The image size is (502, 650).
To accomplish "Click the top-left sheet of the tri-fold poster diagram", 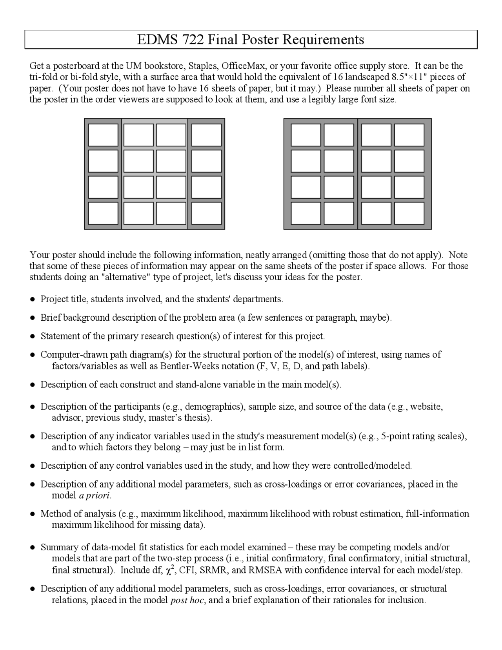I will point(103,135).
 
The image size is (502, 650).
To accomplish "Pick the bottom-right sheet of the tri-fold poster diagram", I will point(206,213).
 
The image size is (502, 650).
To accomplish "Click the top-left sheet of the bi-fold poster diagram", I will point(306,135).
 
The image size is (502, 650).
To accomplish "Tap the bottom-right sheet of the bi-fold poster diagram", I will point(409,213).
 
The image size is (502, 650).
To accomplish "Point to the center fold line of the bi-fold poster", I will point(358,174).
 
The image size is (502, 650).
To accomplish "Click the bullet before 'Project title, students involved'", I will point(33,299).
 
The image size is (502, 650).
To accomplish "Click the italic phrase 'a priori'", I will point(95,496).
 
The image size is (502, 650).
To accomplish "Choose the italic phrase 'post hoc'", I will point(187,600).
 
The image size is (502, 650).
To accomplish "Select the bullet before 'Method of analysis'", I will point(33,514).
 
